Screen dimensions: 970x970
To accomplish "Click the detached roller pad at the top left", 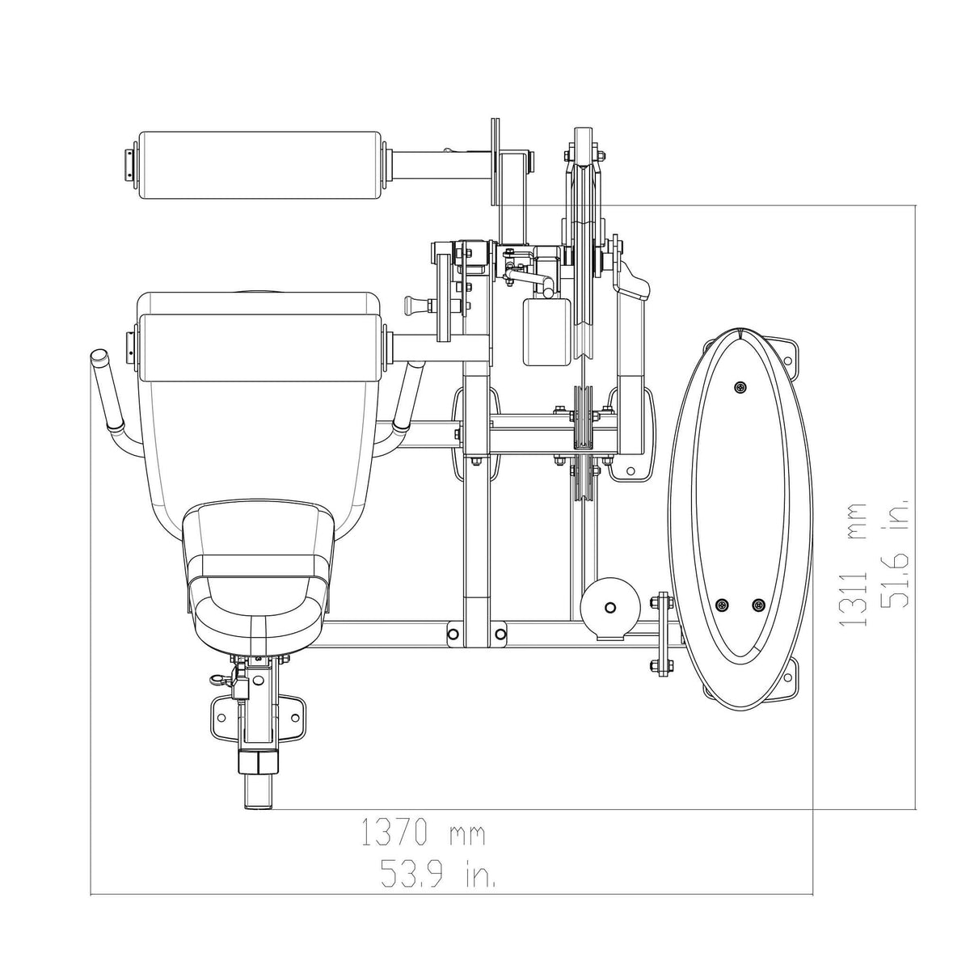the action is pyautogui.click(x=259, y=166).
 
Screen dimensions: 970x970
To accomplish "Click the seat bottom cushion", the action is pyautogui.click(x=259, y=574).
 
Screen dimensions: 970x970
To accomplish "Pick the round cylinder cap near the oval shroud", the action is pyautogui.click(x=610, y=607).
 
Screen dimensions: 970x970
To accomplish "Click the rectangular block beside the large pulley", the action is pyautogui.click(x=547, y=331).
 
